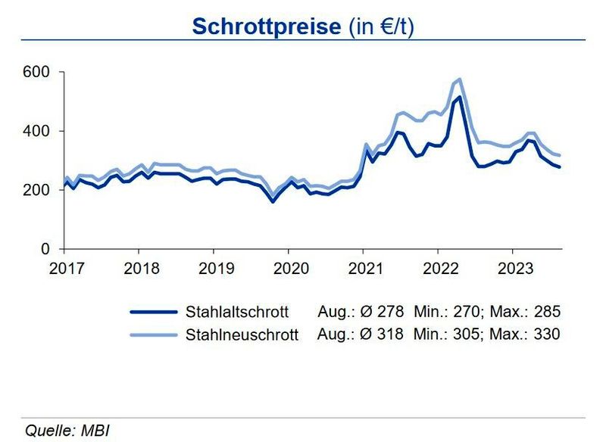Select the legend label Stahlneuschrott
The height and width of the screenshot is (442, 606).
click(x=236, y=334)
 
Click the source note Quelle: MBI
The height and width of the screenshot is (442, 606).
click(x=67, y=431)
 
